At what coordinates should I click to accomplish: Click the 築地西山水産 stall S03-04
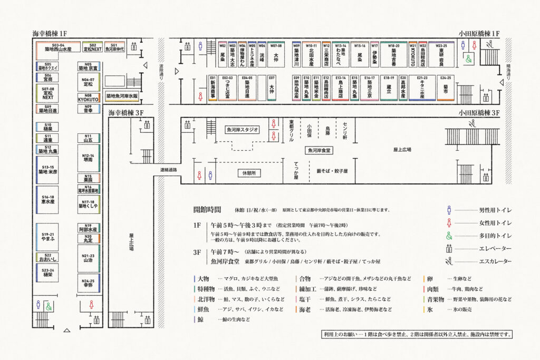pos(58,49)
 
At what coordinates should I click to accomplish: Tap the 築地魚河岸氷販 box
pos(122,96)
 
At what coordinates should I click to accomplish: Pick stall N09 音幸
pos(88,109)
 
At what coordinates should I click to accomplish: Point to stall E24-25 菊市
pos(445,88)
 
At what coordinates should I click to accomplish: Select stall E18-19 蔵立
pos(389,88)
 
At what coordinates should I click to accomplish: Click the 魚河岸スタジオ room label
pos(242,129)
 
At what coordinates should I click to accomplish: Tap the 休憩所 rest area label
pos(248,173)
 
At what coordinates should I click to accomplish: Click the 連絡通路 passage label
pos(169,170)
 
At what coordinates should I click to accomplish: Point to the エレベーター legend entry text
pos(495,249)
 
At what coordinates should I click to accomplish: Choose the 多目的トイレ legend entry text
pos(495,236)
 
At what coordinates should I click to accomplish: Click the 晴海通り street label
pos(509,70)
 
